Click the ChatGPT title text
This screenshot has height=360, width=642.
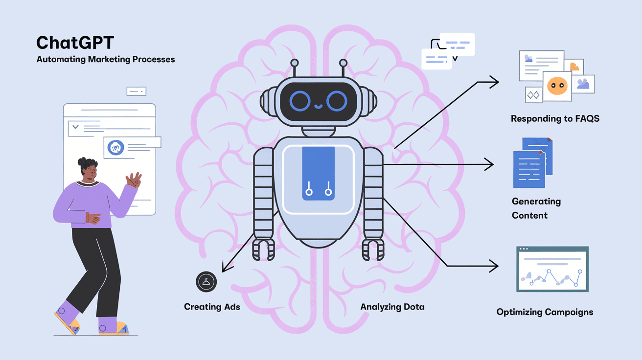tap(75, 43)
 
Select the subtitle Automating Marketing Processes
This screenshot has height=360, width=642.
tap(105, 60)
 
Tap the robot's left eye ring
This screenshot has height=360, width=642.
tap(300, 101)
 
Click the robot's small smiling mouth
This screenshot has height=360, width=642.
tap(319, 105)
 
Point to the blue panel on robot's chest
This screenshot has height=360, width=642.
tap(318, 173)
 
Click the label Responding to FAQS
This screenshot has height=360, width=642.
tap(555, 118)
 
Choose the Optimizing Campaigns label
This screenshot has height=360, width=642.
tap(545, 312)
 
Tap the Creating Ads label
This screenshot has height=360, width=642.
tap(212, 307)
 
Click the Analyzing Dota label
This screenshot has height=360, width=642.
tap(392, 307)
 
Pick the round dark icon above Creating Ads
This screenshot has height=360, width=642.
tap(206, 282)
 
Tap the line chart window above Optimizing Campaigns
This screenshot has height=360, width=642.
tap(552, 270)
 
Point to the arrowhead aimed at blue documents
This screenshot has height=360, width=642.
tap(490, 165)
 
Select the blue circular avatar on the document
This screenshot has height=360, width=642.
tap(116, 147)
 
